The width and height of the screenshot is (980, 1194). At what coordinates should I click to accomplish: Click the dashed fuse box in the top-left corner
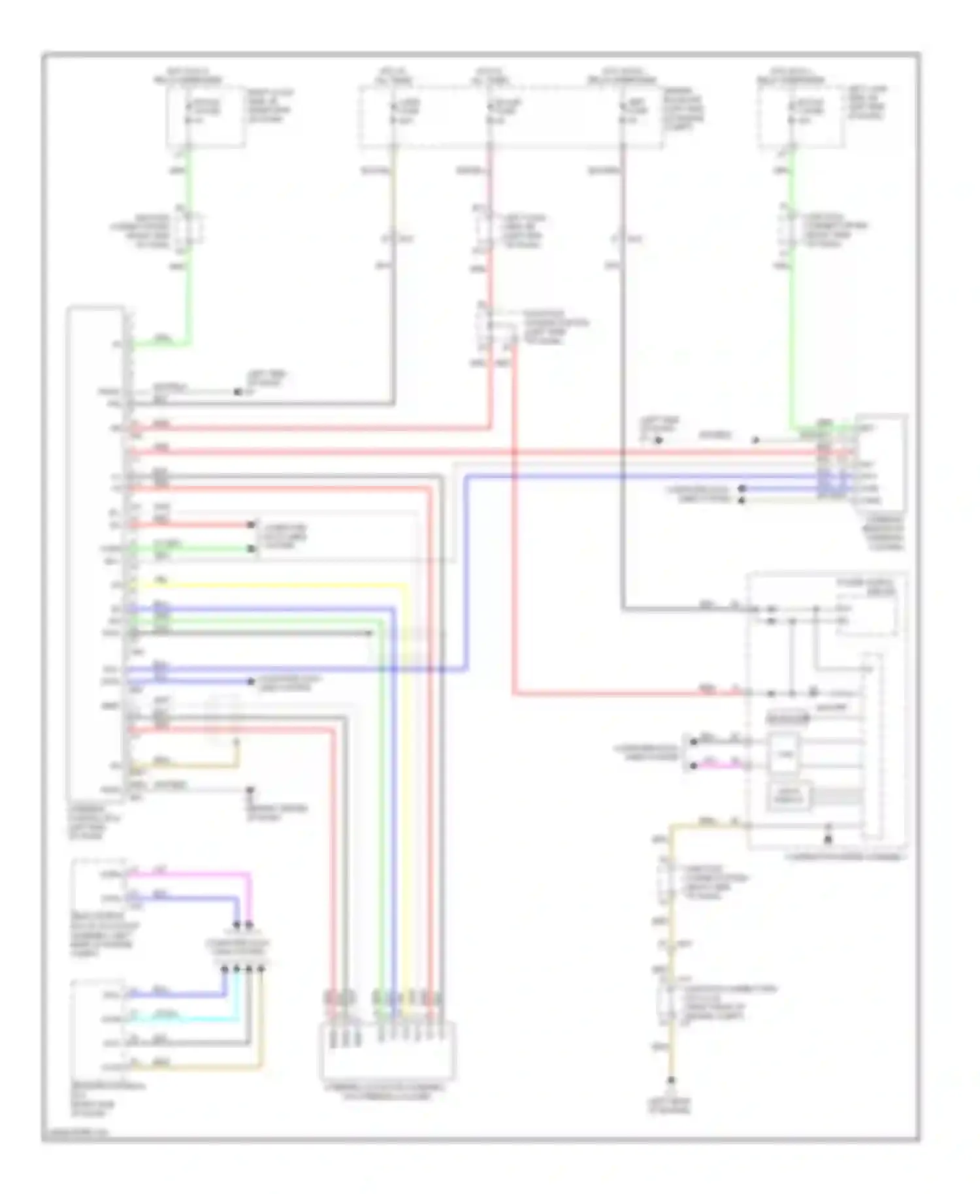pos(206,116)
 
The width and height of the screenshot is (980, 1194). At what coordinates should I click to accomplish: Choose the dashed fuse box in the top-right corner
pos(801,116)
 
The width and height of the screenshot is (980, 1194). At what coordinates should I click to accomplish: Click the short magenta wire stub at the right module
pos(719,765)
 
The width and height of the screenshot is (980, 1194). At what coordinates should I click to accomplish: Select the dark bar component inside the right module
pos(787,718)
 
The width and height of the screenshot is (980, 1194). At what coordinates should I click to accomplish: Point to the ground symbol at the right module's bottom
pos(828,837)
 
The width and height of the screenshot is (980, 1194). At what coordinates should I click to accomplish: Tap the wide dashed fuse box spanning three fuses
pos(510,116)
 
